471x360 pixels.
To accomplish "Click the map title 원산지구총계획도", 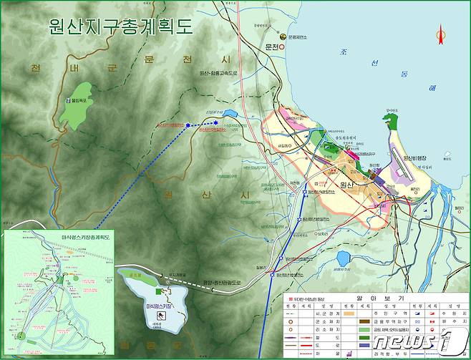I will pos(121,27).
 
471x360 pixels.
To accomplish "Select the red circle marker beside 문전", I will pos(281,47).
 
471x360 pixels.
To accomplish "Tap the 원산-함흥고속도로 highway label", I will pos(218,72).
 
